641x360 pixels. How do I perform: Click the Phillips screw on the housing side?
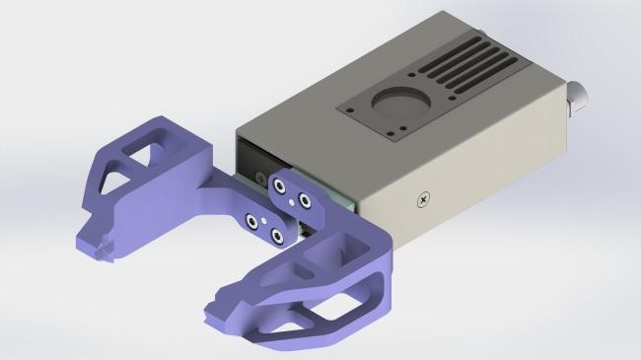point(424,200)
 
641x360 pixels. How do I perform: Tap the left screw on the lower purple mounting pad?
point(252,221)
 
